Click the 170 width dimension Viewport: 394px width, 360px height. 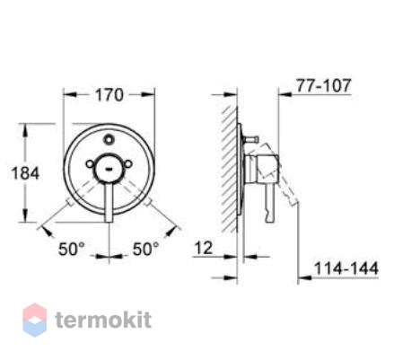coord(109,93)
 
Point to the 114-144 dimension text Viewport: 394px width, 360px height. coord(348,267)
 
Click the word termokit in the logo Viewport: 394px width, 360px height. coord(101,320)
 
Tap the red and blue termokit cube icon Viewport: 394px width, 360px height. coord(34,320)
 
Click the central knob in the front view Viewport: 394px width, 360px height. coord(108,167)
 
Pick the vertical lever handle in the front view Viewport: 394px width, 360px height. coord(108,202)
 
